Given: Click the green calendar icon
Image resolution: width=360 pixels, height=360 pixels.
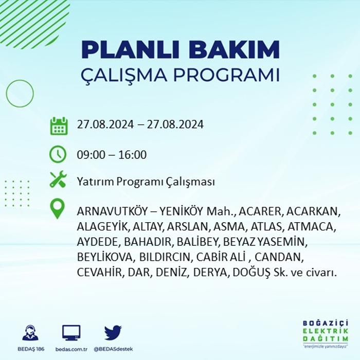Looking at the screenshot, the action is point(59,126).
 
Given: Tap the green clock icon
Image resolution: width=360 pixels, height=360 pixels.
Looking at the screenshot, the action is point(58,154).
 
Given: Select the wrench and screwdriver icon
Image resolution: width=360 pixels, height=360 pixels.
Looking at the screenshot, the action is point(58,179).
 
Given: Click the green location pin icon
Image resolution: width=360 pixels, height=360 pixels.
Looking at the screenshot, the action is point(58,208).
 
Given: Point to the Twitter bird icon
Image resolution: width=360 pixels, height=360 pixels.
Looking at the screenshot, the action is point(113,332).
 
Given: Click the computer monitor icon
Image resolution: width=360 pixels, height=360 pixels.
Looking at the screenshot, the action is point(71,333).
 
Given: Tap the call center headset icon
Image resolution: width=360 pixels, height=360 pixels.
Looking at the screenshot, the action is point(30,332).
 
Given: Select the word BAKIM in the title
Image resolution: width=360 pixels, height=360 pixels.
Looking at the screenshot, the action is point(234,50).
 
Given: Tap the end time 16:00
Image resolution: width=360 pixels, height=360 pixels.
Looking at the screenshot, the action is point(133,154).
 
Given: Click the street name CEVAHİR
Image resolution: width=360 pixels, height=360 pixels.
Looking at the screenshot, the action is point(99,272).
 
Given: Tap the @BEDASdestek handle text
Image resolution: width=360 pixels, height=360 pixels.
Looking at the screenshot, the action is point(113,349).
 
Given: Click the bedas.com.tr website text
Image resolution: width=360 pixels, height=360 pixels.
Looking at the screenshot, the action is point(71,349).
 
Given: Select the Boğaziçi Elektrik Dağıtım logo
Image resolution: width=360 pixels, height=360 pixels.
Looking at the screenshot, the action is point(326,333).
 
